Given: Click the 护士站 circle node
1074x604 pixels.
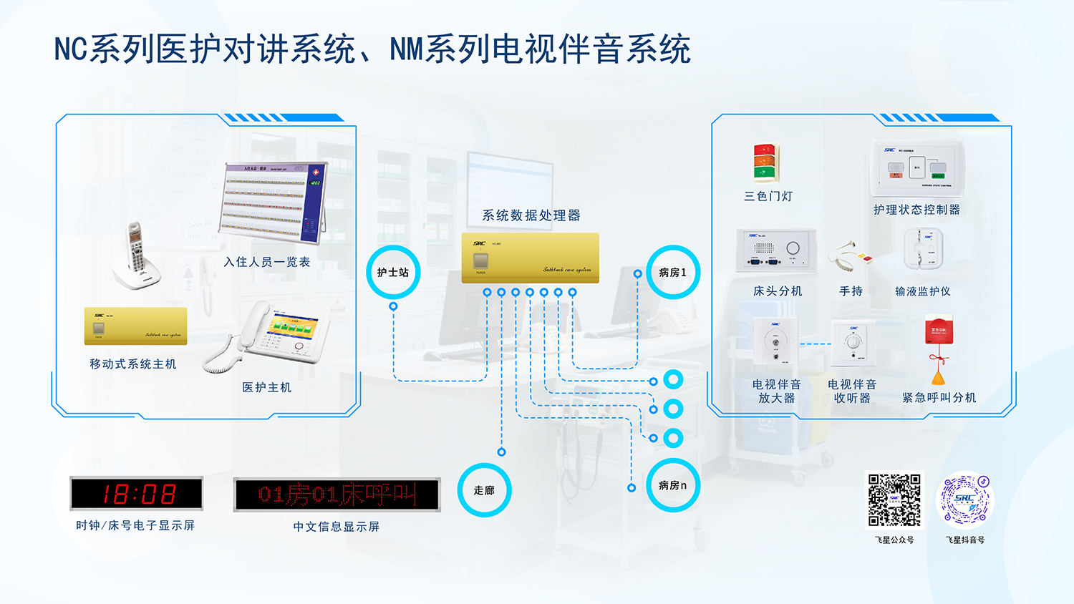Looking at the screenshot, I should (x=393, y=272).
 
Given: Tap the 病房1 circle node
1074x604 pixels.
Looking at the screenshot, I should (x=672, y=272).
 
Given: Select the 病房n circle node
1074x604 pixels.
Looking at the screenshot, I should (x=672, y=485).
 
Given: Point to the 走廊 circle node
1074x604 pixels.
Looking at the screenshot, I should (x=484, y=490).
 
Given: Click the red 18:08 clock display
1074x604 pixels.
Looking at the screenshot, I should (x=136, y=494).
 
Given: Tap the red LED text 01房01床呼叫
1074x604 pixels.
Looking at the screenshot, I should (x=337, y=495).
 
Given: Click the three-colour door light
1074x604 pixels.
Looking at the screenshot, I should (x=765, y=163).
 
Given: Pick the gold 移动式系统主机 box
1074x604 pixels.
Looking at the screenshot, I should (x=135, y=326).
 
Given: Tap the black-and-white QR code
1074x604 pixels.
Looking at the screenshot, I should (x=894, y=500).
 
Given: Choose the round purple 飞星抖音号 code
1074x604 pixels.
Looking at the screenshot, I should (x=964, y=500).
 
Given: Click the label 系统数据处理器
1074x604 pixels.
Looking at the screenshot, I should (x=531, y=215).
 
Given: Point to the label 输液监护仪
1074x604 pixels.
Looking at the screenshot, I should (x=922, y=291).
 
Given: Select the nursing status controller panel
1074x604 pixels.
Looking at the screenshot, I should (x=917, y=168).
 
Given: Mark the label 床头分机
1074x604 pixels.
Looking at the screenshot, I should (x=778, y=291).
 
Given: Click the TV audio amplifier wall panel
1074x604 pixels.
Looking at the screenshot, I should (x=775, y=341).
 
